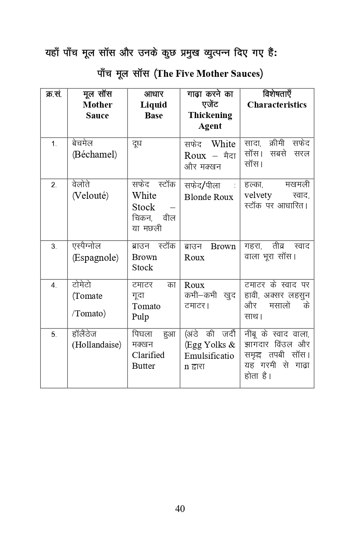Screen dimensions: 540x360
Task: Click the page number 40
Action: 180,508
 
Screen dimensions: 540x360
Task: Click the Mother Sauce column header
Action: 97,110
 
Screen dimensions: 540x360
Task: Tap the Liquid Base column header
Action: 154,110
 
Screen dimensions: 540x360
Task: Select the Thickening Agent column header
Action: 210,120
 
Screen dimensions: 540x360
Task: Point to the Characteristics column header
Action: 277,105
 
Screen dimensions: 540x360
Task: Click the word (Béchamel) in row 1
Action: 94,155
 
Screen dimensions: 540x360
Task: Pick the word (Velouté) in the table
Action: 90,196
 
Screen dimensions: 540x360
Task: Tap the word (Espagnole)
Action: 95,258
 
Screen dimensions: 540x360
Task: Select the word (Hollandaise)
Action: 96,345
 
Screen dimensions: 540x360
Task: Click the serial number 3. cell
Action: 54,247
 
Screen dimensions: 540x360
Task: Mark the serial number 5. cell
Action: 54,335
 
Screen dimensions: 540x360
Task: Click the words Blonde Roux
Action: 208,197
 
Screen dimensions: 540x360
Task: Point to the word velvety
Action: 258,195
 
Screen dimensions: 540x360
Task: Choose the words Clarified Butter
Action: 148,360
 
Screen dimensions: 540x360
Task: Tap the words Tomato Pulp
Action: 146,312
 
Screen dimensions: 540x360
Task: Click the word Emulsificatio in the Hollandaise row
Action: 209,356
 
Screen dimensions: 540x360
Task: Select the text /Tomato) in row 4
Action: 89,314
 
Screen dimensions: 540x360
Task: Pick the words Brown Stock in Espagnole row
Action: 144,262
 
